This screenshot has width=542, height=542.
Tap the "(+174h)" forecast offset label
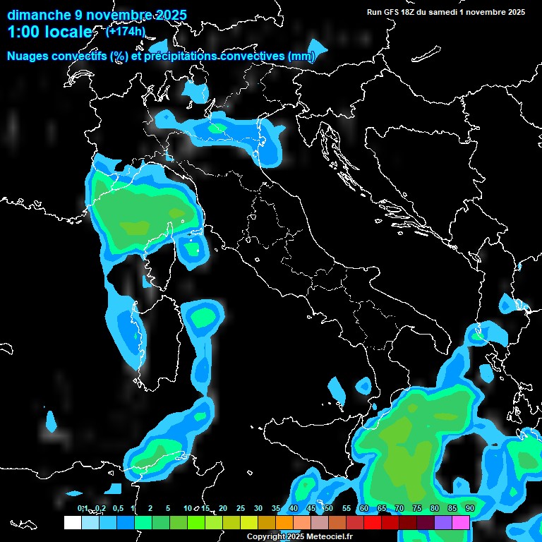pyautogui.click(x=125, y=32)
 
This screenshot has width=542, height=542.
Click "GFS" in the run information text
pyautogui.click(x=396, y=12)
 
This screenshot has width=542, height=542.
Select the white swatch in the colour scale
pyautogui.click(x=72, y=523)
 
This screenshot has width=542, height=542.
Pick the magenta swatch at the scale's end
pyautogui.click(x=461, y=523)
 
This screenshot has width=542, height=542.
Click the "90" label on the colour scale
pyautogui.click(x=469, y=508)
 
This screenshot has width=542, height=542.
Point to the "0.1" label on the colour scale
pyautogui.click(x=82, y=508)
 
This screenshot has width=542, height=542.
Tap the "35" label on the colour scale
pyautogui.click(x=276, y=508)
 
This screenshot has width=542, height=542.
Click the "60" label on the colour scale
pyautogui.click(x=364, y=508)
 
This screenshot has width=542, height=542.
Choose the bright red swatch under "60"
pyautogui.click(x=373, y=523)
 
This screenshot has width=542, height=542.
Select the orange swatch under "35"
pyautogui.click(x=284, y=523)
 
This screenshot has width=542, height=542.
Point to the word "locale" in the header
pyautogui.click(x=69, y=32)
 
